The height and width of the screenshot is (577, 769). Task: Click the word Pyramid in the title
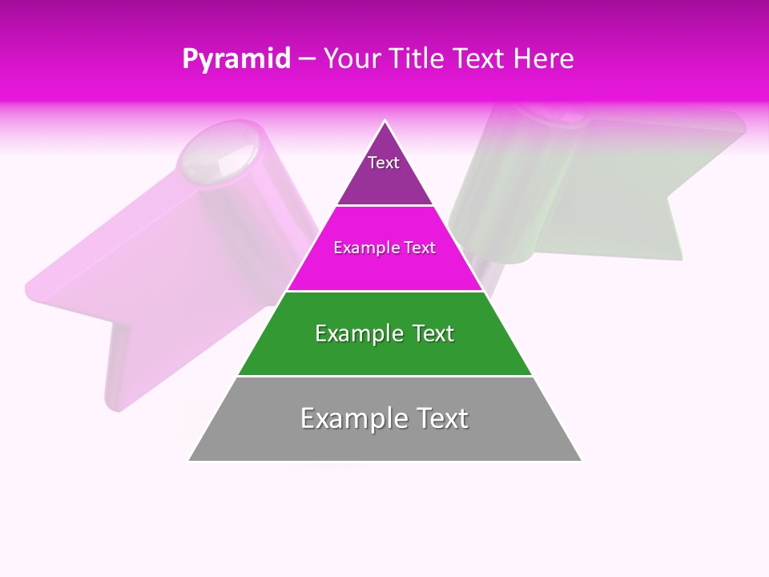click(236, 59)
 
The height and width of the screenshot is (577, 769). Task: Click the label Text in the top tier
click(384, 163)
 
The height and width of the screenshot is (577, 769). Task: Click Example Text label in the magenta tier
click(384, 248)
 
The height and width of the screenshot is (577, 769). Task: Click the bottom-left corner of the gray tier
click(190, 460)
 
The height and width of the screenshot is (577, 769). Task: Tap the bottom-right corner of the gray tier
click(580, 460)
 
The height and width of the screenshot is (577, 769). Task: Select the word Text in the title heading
click(480, 59)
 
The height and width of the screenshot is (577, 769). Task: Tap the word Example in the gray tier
click(353, 418)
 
